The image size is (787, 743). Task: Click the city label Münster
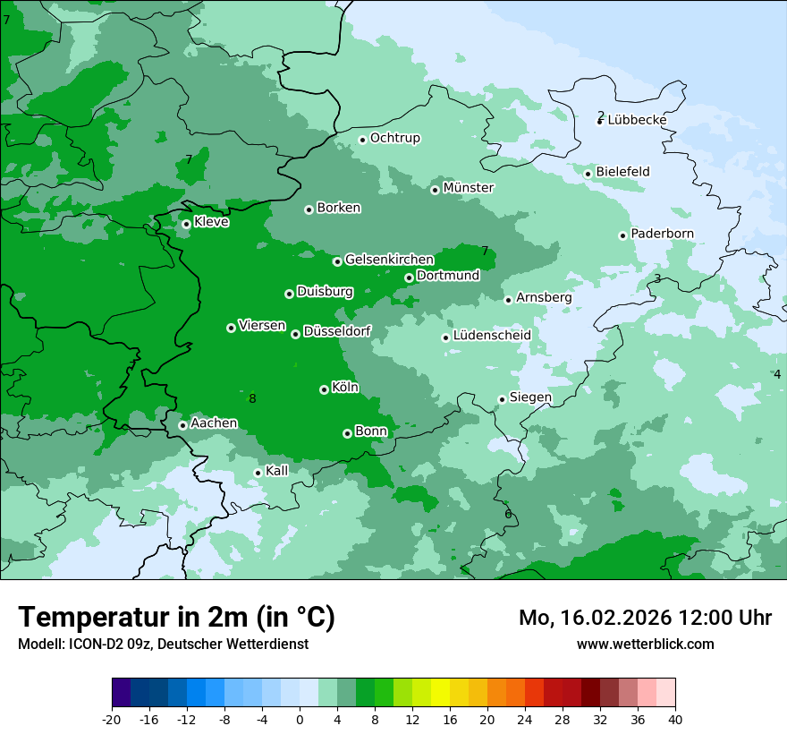(469, 188)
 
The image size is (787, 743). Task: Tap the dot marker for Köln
(324, 389)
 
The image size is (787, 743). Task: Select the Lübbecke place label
(637, 120)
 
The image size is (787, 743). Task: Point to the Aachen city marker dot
(182, 425)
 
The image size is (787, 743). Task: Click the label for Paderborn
(662, 234)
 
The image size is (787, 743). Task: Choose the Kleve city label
(211, 222)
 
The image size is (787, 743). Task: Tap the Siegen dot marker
(502, 399)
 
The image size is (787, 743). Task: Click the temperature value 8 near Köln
(252, 398)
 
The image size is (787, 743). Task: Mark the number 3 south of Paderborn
(657, 279)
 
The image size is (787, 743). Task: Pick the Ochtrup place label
(394, 138)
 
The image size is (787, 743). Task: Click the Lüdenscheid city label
(492, 336)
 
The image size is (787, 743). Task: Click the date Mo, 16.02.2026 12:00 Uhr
(645, 618)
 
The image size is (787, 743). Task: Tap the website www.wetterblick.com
(645, 644)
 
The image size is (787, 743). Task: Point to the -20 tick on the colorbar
(112, 720)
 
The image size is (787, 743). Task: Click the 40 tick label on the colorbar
(675, 720)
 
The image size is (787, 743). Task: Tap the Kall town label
(277, 471)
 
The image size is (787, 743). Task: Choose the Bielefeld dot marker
(588, 174)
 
